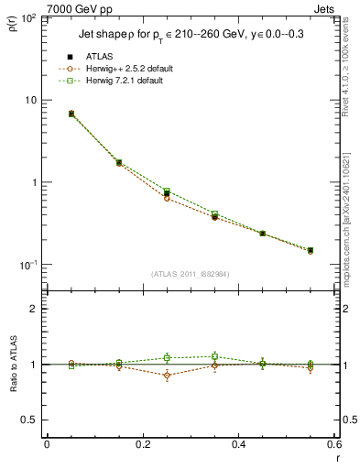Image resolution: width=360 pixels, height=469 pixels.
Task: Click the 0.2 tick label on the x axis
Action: click(x=142, y=444)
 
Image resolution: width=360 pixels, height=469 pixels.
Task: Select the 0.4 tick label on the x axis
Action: click(x=238, y=444)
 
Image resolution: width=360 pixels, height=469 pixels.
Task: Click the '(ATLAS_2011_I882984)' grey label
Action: click(x=190, y=273)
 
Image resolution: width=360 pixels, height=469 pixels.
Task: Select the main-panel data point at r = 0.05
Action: click(x=71, y=114)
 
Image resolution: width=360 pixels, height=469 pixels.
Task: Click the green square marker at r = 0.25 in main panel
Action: click(x=167, y=191)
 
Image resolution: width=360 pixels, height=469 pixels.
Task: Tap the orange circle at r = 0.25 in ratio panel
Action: click(x=167, y=376)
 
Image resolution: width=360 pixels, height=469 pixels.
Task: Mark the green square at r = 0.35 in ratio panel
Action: click(x=214, y=356)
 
